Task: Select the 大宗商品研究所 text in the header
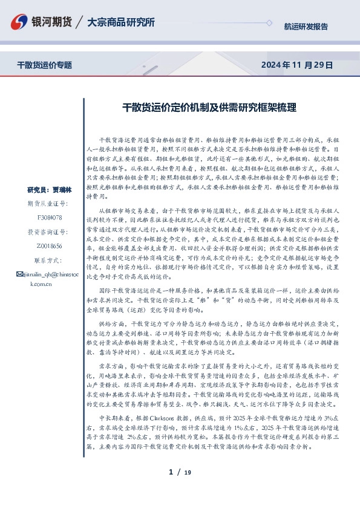coord(121,22)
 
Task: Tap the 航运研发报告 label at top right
coord(306,27)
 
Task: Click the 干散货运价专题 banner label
coord(44,65)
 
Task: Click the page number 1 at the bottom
coord(171,472)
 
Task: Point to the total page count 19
coord(188,473)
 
